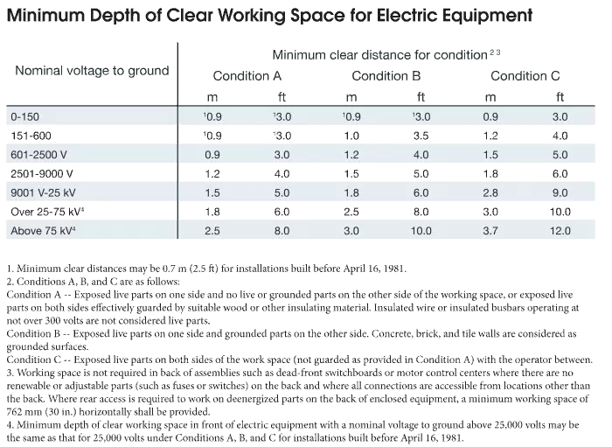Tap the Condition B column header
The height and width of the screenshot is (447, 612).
click(x=386, y=76)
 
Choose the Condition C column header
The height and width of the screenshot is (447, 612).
click(x=531, y=76)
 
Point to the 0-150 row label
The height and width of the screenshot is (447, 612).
click(x=24, y=115)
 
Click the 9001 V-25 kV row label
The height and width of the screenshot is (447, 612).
click(x=45, y=192)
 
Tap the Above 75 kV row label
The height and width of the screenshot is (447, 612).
click(x=43, y=231)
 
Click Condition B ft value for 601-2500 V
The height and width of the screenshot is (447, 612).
click(x=421, y=154)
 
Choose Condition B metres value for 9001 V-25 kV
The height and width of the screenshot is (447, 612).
click(x=351, y=192)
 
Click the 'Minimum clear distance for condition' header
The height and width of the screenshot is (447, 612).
click(x=381, y=54)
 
